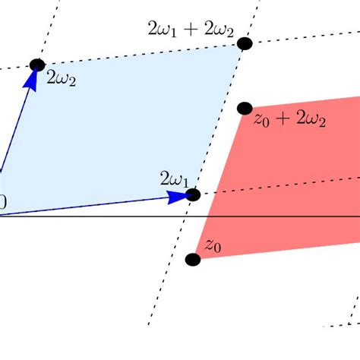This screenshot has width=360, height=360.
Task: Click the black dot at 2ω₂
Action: pos(36,65)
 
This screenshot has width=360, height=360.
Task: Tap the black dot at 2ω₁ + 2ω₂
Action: pos(244,43)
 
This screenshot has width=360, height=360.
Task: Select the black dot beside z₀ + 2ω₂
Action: pos(244,108)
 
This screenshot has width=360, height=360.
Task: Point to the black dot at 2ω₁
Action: pos(193,194)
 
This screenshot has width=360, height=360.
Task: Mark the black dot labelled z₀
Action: pos(193,260)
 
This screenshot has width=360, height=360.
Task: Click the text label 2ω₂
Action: pos(61,77)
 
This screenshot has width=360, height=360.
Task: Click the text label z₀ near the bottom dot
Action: pos(213,246)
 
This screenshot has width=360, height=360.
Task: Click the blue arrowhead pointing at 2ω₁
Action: pos(178,196)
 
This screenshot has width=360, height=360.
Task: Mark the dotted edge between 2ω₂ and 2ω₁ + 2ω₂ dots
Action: pos(141,53)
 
